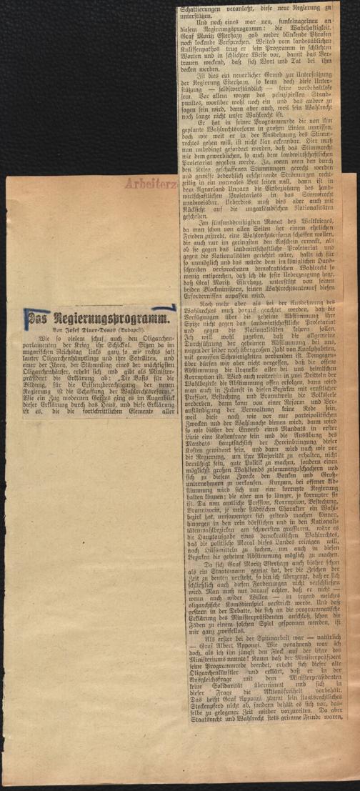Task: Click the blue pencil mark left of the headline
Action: pyautogui.click(x=25, y=319)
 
